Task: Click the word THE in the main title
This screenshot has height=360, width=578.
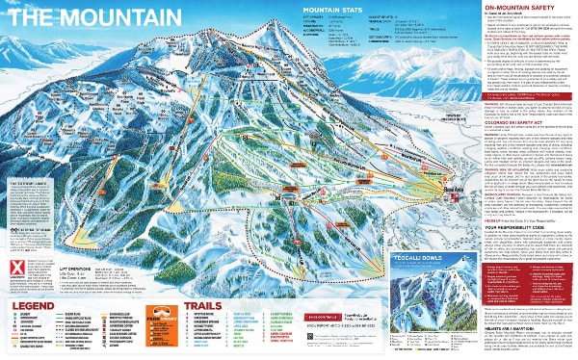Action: pos(30,16)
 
